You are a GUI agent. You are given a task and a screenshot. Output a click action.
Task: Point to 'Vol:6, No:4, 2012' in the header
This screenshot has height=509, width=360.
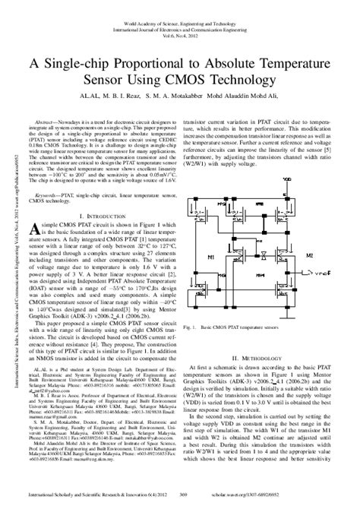pyautogui.click(x=180, y=22)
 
